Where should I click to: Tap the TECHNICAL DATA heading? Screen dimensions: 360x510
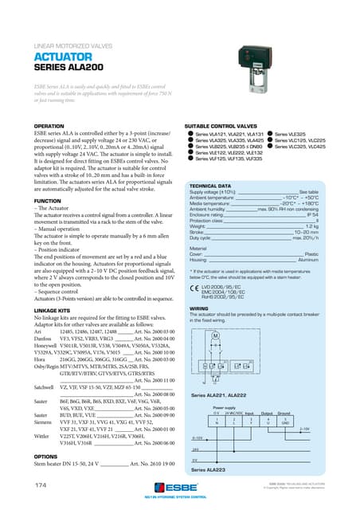[211, 185]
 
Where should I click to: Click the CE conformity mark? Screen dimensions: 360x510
[192, 288]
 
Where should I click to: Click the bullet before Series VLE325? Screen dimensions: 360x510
[271, 135]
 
